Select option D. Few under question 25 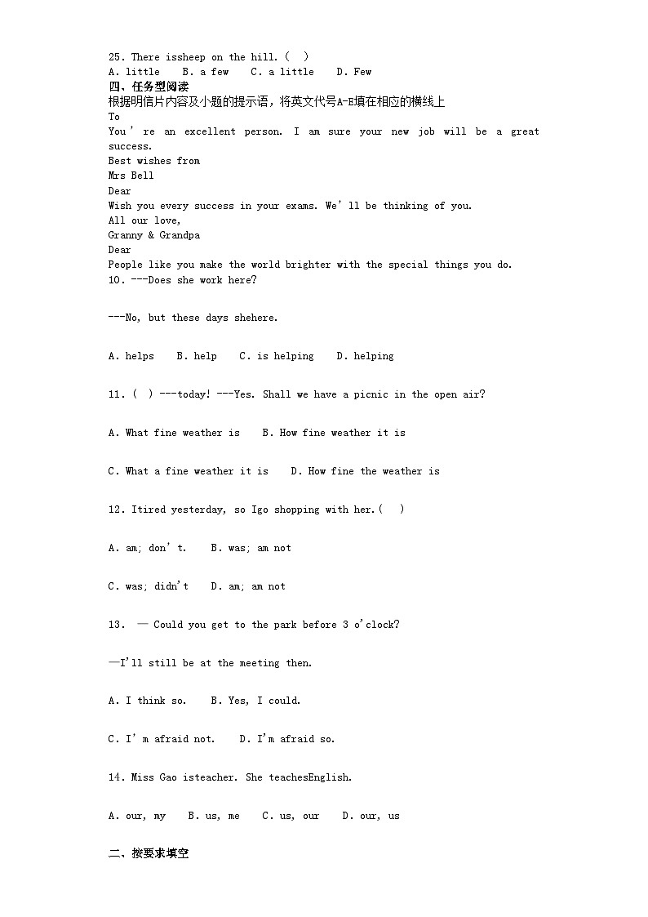(x=353, y=72)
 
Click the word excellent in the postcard (x=210, y=131)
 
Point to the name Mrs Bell (x=131, y=176)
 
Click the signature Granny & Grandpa (x=153, y=235)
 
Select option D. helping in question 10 (x=365, y=356)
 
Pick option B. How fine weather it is (x=333, y=433)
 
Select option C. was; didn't (x=148, y=586)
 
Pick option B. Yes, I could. (x=255, y=701)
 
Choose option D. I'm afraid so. (x=286, y=739)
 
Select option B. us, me (x=213, y=816)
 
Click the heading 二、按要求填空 (x=149, y=854)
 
